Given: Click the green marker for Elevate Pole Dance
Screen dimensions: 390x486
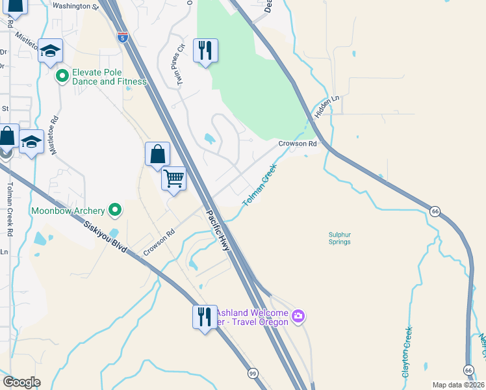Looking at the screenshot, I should (62, 77).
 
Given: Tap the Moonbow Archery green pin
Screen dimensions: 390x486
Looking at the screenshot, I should (115, 210).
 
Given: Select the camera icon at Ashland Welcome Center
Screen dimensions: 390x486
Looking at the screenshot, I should (298, 317).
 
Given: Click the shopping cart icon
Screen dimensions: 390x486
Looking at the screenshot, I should (173, 177).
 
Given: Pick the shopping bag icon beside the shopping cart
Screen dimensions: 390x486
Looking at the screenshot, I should (157, 154).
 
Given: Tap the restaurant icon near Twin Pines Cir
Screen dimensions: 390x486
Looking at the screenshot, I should (205, 50).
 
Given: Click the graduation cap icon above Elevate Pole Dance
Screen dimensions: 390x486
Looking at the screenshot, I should (49, 51).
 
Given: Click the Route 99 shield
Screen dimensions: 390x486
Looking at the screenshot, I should (253, 374).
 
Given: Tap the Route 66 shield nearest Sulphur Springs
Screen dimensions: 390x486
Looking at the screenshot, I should (434, 211).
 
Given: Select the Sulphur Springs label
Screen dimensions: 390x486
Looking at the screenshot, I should (339, 238).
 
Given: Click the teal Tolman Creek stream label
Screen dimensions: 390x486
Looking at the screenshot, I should (260, 185).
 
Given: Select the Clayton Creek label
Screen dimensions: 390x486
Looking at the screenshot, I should (407, 352).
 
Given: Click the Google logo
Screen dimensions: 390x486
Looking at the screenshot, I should (21, 382).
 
